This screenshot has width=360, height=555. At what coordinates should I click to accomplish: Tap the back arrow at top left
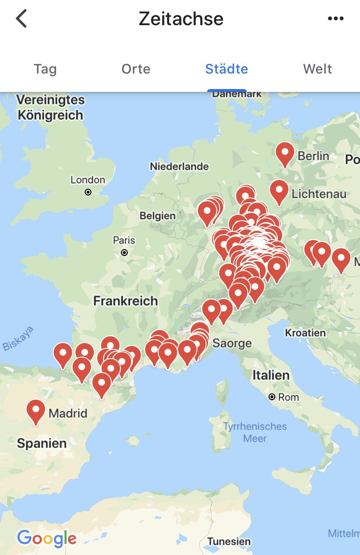(x=22, y=19)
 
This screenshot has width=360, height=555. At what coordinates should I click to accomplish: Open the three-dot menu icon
(x=335, y=19)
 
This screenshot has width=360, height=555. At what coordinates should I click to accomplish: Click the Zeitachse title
(x=181, y=19)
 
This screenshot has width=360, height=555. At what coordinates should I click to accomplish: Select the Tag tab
(x=45, y=69)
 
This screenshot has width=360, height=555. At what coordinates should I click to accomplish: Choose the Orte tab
(x=136, y=69)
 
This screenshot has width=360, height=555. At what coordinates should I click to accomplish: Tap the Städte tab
(x=226, y=69)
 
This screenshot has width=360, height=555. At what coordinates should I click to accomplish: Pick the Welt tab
(x=317, y=69)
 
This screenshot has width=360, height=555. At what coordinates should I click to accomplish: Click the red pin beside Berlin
(x=285, y=153)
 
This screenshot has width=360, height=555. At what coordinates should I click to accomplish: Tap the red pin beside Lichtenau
(x=279, y=191)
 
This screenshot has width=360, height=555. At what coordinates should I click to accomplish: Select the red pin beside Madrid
(x=36, y=410)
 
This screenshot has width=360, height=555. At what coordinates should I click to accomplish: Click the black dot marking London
(x=88, y=192)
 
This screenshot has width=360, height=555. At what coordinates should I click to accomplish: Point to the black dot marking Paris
(x=124, y=253)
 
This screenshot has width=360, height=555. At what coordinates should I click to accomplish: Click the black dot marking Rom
(x=272, y=397)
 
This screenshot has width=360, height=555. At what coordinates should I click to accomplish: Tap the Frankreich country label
(x=125, y=301)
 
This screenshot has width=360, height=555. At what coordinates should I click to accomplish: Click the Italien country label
(x=271, y=375)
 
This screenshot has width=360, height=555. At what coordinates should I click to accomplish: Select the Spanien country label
(x=42, y=443)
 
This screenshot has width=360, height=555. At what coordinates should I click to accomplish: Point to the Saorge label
(x=232, y=344)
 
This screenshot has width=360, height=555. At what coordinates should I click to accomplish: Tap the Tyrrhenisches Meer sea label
(x=255, y=432)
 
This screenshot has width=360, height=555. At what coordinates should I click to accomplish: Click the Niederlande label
(x=179, y=166)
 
